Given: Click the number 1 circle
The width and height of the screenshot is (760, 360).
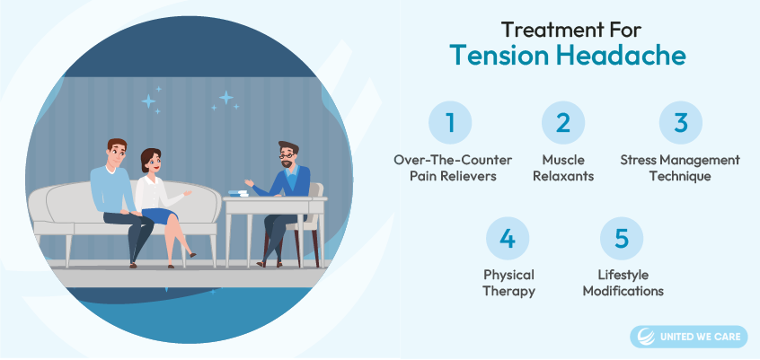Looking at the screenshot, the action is click(450, 123).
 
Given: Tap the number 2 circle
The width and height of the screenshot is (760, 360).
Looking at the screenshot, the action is click(563, 123).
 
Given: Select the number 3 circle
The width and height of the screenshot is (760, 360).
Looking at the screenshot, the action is click(681, 123).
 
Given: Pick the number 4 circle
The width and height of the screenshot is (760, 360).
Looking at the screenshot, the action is click(508, 239).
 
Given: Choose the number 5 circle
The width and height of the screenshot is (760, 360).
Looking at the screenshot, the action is click(622, 239).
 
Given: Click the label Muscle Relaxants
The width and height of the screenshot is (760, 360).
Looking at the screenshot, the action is click(563, 168).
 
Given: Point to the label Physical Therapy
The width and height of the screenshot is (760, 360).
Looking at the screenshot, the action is click(508, 284).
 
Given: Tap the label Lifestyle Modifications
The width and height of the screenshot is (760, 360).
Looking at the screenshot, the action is click(623, 283).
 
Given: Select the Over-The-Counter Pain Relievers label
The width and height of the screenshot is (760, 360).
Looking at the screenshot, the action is click(453, 168).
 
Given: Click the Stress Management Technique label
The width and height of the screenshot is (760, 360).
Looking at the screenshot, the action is click(680, 168).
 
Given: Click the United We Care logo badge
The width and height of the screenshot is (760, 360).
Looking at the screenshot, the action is click(689, 337).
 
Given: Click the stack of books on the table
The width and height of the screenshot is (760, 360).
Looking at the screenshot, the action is click(238, 193).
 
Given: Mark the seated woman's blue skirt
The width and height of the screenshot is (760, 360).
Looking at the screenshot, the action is click(163, 215).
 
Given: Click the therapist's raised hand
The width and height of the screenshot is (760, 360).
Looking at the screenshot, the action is click(249, 182).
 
